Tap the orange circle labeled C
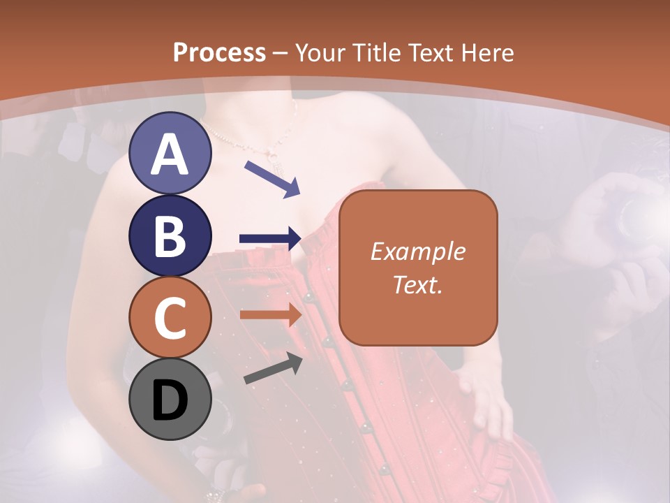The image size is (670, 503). pos(170,318)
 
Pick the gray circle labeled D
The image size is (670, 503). pos(170,400)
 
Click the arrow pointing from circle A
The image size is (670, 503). pos(271,178)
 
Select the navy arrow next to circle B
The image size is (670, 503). pos(270,239)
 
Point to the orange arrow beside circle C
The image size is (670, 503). pos(270,316)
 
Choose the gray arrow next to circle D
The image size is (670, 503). pos(271,368)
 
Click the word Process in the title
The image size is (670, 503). pos(219,52)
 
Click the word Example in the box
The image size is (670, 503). pos(417,251)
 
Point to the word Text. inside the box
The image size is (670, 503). pos(417,284)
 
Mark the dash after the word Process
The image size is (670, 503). pos(281,53)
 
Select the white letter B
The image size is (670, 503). pos(170,236)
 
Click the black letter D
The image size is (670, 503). pos(170,400)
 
